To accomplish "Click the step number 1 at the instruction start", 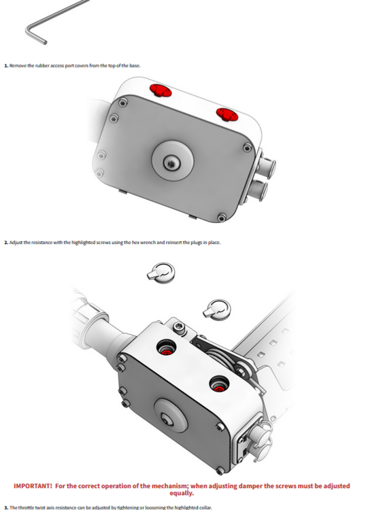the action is [x=6, y=66].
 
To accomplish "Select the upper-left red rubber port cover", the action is [x=161, y=90].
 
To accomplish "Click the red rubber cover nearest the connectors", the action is [x=227, y=114].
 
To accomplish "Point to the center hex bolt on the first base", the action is [x=170, y=163].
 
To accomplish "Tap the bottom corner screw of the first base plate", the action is [x=222, y=218].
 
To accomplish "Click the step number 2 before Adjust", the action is [x=6, y=243].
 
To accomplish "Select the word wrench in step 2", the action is [x=148, y=243].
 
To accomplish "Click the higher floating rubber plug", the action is [x=161, y=273].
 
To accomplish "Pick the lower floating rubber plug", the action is [x=217, y=310].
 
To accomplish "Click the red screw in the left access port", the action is [x=167, y=352].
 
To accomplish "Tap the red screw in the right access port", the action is [x=220, y=388].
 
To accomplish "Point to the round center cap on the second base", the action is [x=171, y=416].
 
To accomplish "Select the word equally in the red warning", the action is [x=181, y=493].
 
